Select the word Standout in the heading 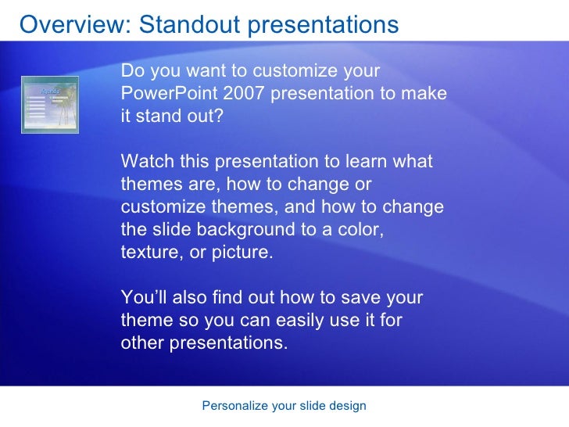tap(190, 25)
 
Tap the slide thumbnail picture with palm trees tap(50, 105)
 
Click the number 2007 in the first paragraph tap(243, 93)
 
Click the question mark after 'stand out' tap(218, 116)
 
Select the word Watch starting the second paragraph tap(147, 161)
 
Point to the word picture tap(242, 252)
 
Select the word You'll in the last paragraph tap(144, 297)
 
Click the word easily tap(299, 321)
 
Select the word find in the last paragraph tap(227, 297)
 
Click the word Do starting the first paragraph tap(133, 70)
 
